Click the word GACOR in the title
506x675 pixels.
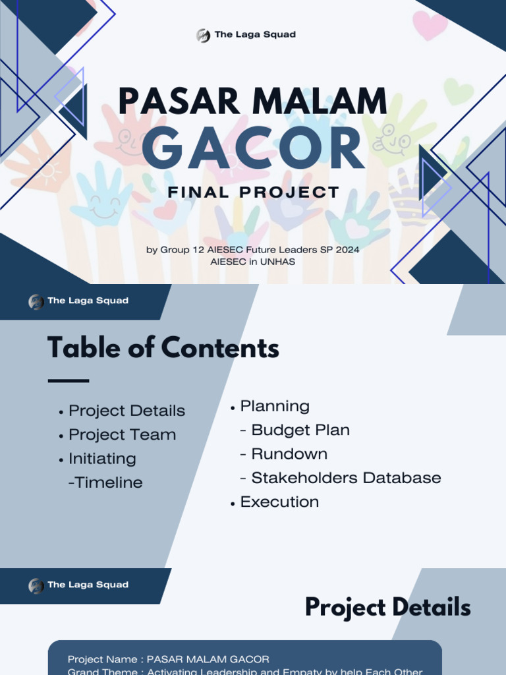coord(253,149)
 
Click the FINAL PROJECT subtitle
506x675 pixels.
coord(254,192)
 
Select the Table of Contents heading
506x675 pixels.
coord(163,348)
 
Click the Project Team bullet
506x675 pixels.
coord(122,435)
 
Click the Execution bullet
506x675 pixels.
coord(279,502)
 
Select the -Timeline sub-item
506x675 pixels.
coord(105,483)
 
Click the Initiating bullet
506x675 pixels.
coord(102,459)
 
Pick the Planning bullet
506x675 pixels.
coord(274,406)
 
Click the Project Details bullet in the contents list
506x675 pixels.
coord(126,411)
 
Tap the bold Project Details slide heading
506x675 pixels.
coord(387,607)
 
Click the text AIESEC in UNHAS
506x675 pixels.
coord(252,262)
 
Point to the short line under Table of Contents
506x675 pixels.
coord(69,380)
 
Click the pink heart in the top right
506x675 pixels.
coord(430,25)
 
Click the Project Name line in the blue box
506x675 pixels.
coord(169,659)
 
